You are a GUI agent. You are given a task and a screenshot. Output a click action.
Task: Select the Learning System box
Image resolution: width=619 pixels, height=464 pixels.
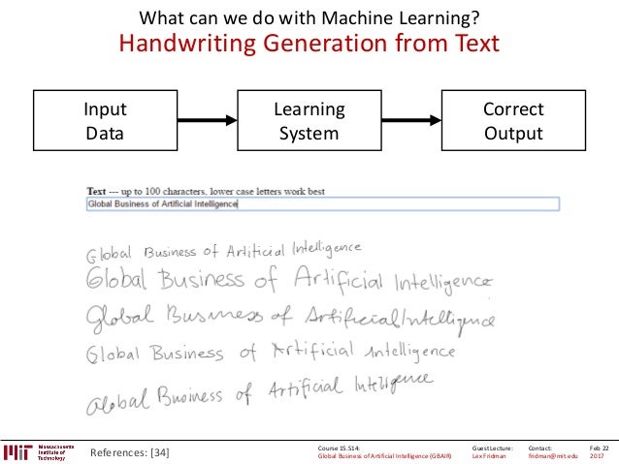click(309, 121)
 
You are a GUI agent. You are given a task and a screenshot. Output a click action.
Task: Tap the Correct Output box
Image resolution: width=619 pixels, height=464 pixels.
click(513, 121)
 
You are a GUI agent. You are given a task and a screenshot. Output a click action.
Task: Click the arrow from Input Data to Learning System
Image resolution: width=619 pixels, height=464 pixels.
click(207, 121)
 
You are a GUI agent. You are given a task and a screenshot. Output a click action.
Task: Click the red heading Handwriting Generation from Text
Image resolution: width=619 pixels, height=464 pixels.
click(309, 44)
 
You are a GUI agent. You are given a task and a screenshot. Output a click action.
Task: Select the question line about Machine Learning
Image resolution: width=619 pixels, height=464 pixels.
click(309, 16)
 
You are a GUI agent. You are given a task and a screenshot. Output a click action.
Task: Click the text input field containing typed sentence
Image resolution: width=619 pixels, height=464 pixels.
click(322, 204)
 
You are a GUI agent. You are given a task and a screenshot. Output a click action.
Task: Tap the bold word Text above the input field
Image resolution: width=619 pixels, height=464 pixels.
click(96, 192)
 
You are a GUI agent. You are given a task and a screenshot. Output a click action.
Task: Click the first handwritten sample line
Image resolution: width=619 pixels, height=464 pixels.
click(224, 251)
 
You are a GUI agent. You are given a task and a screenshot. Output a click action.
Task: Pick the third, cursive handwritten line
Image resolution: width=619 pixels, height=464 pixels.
click(290, 316)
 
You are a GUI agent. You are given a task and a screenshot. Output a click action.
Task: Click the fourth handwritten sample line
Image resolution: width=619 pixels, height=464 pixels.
click(271, 351)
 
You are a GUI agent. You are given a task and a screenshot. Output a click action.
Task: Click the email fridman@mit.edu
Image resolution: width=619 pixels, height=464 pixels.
click(552, 455)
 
